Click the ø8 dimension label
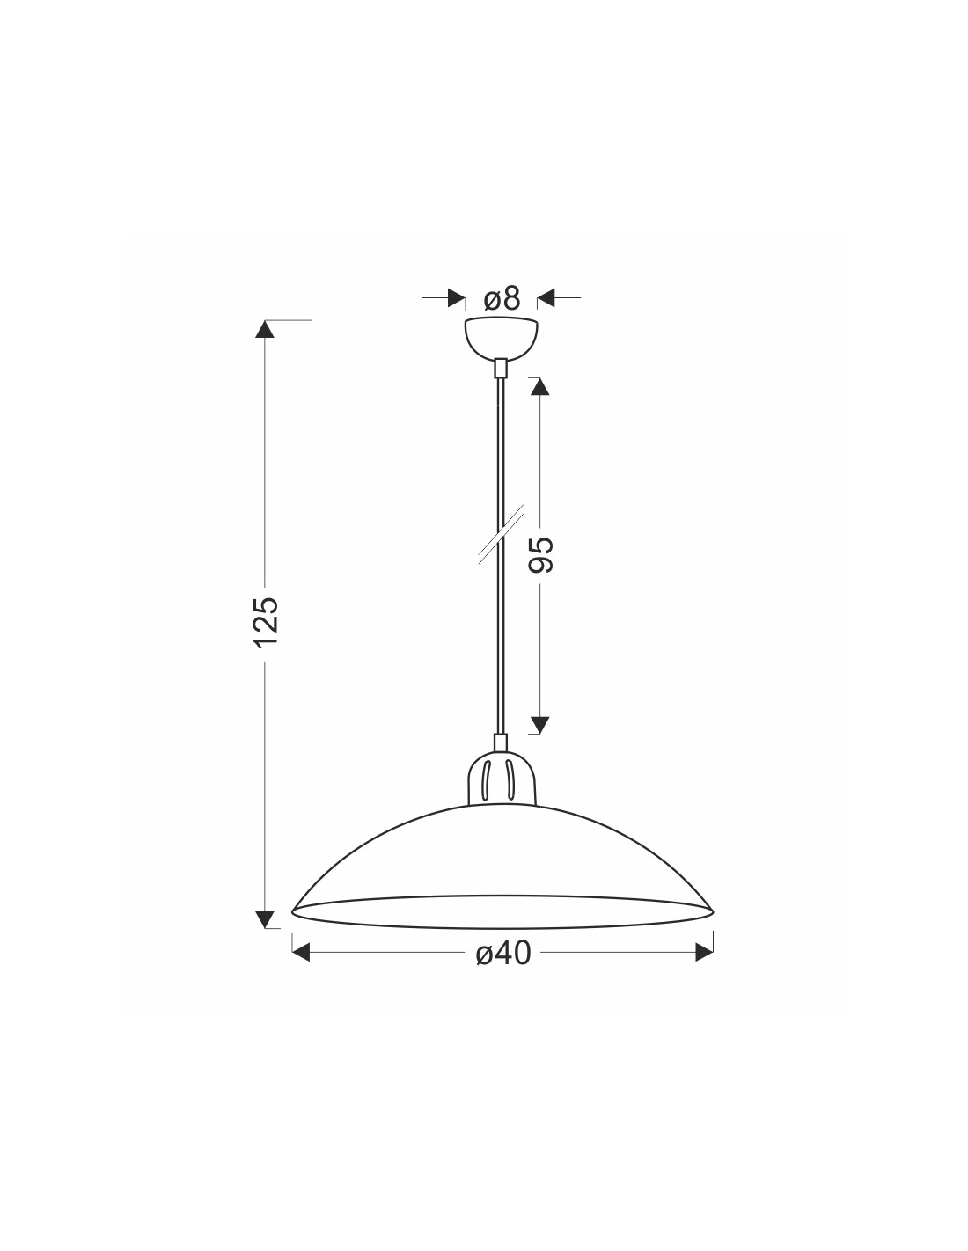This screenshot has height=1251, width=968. tap(502, 298)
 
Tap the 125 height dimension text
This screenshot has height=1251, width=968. tap(268, 622)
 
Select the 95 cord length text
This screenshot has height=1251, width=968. tap(540, 554)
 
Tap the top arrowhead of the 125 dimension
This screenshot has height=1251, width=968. tap(264, 329)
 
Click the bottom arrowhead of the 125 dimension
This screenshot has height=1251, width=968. tap(264, 919)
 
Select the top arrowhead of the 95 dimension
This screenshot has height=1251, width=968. tap(539, 387)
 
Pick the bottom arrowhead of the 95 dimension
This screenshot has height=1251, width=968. tap(539, 725)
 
